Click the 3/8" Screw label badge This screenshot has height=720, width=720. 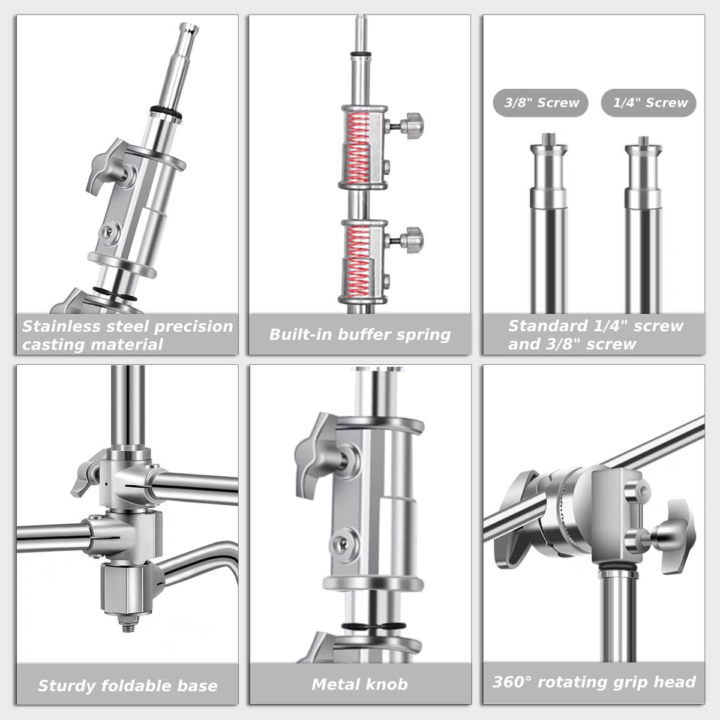click(x=540, y=103)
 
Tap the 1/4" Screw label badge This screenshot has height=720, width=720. click(x=649, y=103)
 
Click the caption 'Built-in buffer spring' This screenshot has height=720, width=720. click(x=360, y=335)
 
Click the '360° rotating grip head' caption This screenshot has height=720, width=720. click(x=594, y=682)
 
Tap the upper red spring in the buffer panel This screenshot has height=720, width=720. click(x=358, y=149)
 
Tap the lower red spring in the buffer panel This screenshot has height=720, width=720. click(x=358, y=263)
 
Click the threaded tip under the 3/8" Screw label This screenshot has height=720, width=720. click(x=548, y=138)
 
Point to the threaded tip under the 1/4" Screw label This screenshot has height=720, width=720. click(x=643, y=141)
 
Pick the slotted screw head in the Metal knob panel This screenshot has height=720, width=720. click(x=341, y=544)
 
